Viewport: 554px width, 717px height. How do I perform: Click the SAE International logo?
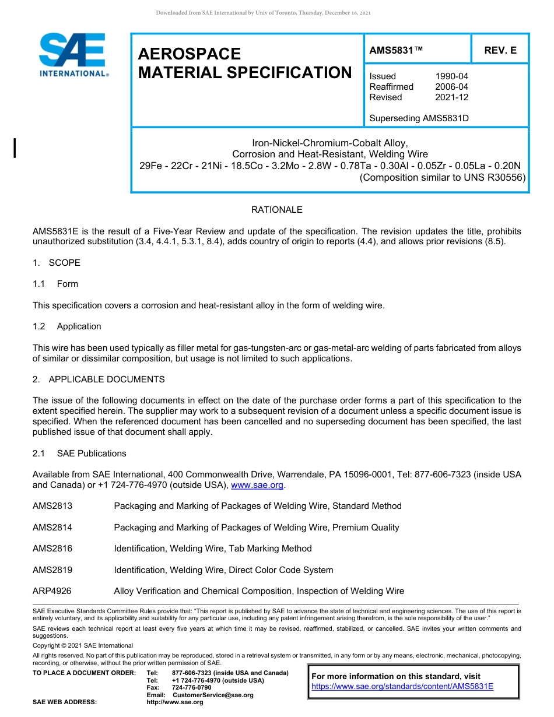[73, 55]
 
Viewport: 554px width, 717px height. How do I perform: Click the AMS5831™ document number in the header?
[396, 51]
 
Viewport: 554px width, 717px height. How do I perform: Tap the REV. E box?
[500, 51]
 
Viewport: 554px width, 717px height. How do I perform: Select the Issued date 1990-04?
[451, 76]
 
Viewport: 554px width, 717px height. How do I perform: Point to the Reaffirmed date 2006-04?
[451, 87]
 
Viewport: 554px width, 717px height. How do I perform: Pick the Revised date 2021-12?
[451, 97]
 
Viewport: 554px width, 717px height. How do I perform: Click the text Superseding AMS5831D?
[419, 118]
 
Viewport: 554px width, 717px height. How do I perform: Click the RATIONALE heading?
[277, 210]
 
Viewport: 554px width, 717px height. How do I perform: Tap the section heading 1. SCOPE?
[57, 263]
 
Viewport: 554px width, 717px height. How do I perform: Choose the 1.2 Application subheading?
[67, 326]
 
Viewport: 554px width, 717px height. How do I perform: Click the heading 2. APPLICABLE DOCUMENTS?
[99, 379]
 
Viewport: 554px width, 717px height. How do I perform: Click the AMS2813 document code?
[52, 506]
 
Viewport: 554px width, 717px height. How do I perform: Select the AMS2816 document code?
[52, 549]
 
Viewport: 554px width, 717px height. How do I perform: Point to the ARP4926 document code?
[52, 591]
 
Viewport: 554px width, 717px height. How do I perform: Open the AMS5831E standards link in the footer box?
[402, 686]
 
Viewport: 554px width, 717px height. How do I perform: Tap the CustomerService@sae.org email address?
[213, 695]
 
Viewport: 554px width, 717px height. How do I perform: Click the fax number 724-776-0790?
[192, 688]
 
